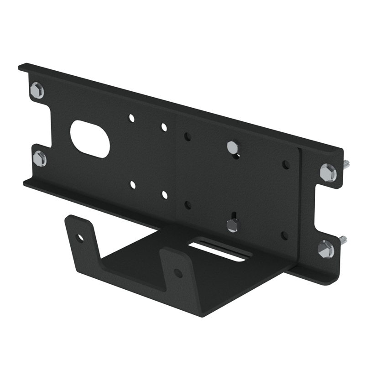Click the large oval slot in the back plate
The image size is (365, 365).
90,139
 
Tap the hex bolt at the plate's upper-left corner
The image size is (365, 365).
37,90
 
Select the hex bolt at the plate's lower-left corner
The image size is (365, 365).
40,158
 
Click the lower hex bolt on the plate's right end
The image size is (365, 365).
325,249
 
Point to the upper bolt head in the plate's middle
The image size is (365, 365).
232,147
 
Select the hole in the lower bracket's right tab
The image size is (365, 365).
178,273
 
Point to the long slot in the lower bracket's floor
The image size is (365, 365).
217,251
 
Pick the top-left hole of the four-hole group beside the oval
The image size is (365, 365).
131,118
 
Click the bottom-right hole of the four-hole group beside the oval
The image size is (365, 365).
164,195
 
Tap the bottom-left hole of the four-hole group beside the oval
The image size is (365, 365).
132,185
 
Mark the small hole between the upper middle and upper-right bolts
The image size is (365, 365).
286,164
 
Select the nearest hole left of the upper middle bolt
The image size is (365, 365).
187,136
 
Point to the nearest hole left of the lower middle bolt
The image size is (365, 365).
188,204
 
